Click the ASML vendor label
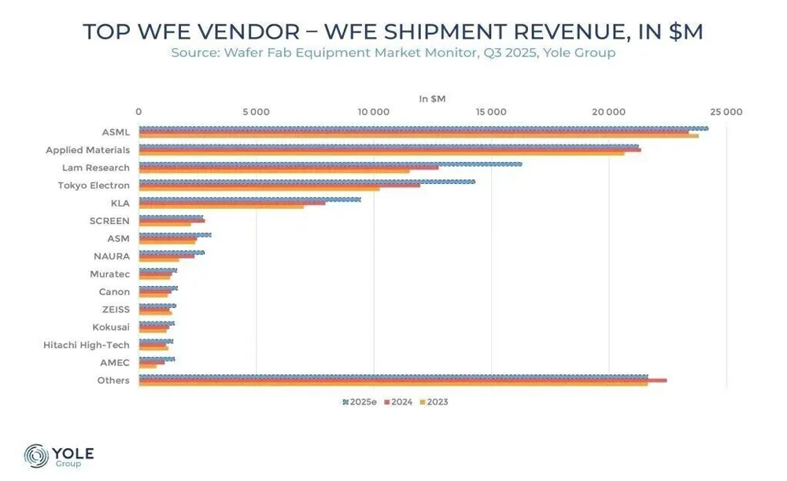(116, 132)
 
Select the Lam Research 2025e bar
(331, 164)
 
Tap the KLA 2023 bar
(221, 207)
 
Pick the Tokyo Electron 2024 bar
(279, 185)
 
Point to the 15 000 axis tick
(491, 112)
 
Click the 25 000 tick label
(726, 112)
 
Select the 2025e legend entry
(361, 402)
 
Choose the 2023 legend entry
(434, 402)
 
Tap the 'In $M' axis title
(432, 99)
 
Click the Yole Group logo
(59, 456)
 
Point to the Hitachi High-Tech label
(87, 345)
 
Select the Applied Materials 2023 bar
(382, 153)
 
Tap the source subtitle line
(393, 53)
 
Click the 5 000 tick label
(257, 112)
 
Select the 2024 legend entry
(398, 402)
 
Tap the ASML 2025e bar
(423, 128)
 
